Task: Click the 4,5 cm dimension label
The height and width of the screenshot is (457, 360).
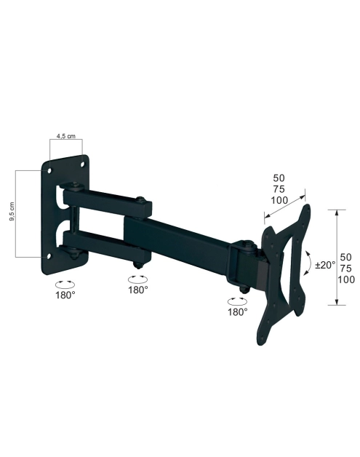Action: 66,136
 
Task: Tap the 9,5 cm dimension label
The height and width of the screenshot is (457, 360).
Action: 12,211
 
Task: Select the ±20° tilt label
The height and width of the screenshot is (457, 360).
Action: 325,265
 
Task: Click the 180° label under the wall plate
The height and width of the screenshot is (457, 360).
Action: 65,295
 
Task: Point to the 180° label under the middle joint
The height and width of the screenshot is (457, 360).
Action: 138,290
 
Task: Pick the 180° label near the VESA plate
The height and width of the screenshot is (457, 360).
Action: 238,312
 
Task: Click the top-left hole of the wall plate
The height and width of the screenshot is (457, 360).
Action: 49,170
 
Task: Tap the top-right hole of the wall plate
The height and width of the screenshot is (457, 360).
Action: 83,164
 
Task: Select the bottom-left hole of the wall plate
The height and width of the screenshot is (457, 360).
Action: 49,256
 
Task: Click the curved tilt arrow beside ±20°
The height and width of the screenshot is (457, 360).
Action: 308,262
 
